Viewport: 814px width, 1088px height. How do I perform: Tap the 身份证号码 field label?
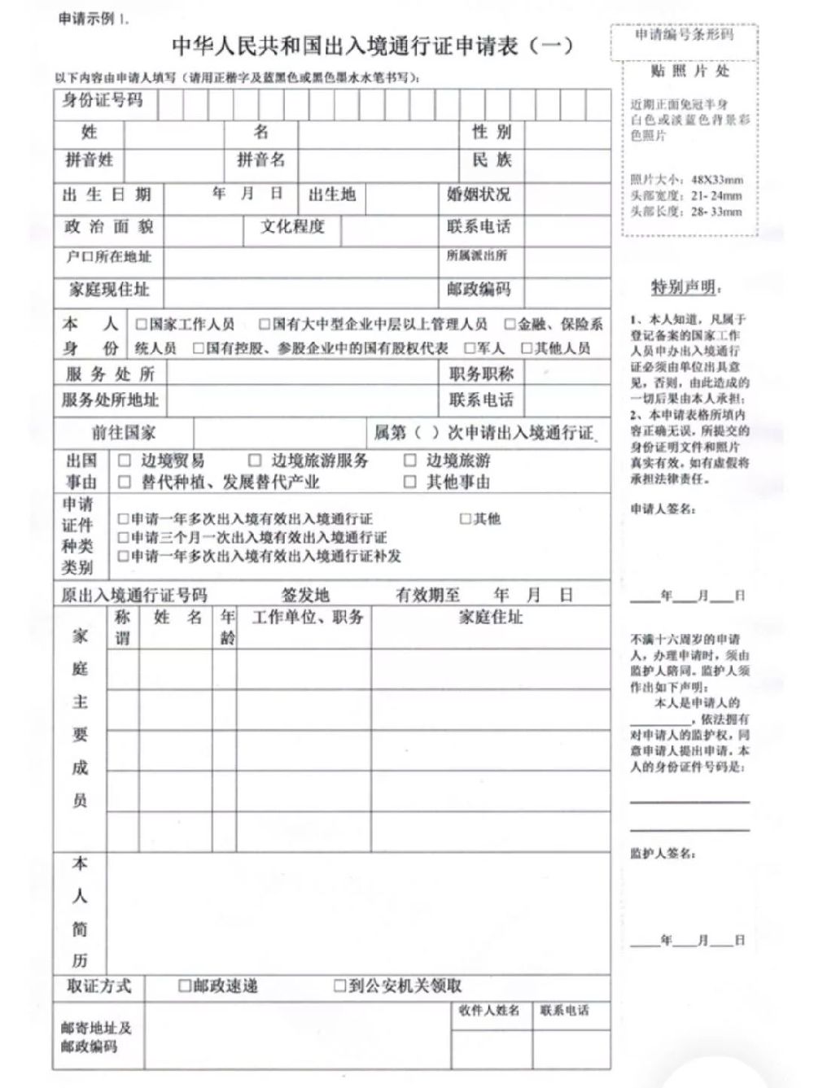pyautogui.click(x=103, y=100)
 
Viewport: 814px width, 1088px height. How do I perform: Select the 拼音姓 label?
pyautogui.click(x=90, y=160)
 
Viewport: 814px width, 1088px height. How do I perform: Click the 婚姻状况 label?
pyautogui.click(x=479, y=194)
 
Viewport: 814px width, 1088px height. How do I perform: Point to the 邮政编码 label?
pyautogui.click(x=479, y=289)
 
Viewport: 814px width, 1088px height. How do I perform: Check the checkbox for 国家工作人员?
pyautogui.click(x=142, y=325)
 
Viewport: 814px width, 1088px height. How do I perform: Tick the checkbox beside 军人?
pyautogui.click(x=470, y=348)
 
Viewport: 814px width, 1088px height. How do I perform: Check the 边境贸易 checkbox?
pyautogui.click(x=125, y=461)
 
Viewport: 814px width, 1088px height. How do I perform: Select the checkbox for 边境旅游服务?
pyautogui.click(x=255, y=461)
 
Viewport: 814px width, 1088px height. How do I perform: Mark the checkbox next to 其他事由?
pyautogui.click(x=410, y=482)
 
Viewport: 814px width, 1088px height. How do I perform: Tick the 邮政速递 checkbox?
pyautogui.click(x=185, y=986)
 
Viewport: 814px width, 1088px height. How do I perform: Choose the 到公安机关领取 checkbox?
pyautogui.click(x=340, y=986)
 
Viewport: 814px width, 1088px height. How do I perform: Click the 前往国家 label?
pyautogui.click(x=123, y=432)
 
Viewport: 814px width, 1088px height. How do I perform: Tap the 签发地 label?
pyautogui.click(x=305, y=595)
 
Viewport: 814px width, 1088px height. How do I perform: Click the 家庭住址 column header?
pyautogui.click(x=490, y=617)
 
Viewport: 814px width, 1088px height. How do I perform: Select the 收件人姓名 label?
pyautogui.click(x=489, y=1011)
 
